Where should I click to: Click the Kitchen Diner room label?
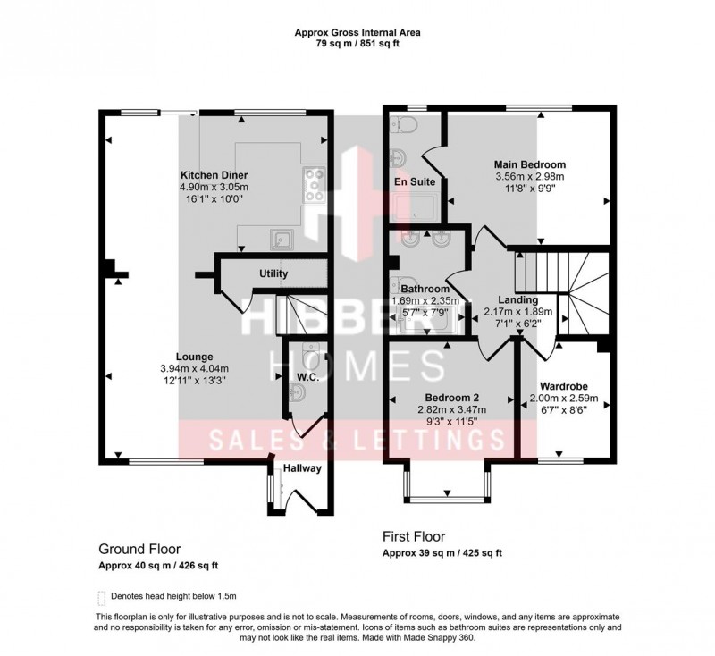pyautogui.click(x=214, y=174)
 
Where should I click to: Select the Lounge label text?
pyautogui.click(x=194, y=357)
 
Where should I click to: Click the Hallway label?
pyautogui.click(x=302, y=468)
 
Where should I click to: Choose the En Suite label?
pyautogui.click(x=415, y=181)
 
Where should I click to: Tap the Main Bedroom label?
pyautogui.click(x=531, y=165)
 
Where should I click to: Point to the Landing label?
pyautogui.click(x=518, y=300)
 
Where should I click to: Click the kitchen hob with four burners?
pyautogui.click(x=315, y=183)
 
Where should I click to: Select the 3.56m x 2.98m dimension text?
pyautogui.click(x=531, y=177)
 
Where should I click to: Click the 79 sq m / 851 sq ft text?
pyautogui.click(x=357, y=43)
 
